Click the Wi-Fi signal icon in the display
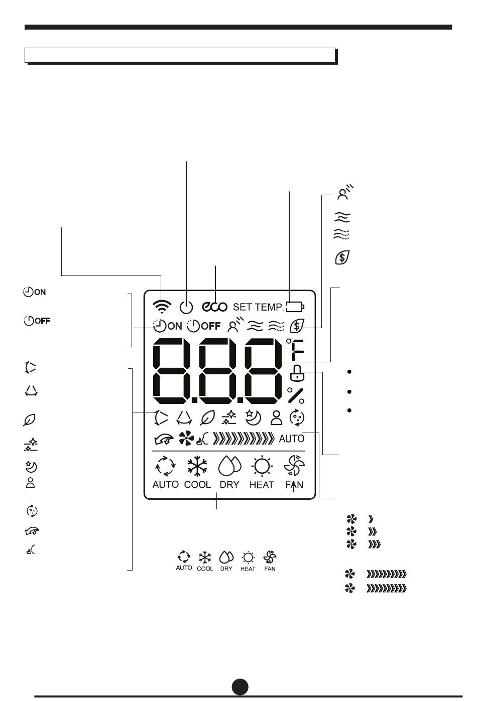click(x=162, y=307)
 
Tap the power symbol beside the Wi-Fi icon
click(x=186, y=307)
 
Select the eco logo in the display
click(x=214, y=307)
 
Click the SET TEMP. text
click(x=258, y=307)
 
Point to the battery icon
click(x=295, y=307)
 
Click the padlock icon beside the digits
click(x=297, y=373)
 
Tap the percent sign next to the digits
click(x=296, y=395)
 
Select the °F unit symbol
click(x=295, y=349)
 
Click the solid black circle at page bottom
click(x=240, y=686)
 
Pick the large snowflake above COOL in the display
click(x=197, y=466)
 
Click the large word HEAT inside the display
click(x=262, y=485)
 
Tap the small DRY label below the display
click(x=226, y=569)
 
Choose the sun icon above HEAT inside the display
click(x=262, y=466)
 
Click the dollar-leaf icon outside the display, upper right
click(x=342, y=257)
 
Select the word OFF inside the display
click(x=210, y=326)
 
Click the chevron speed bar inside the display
click(x=244, y=439)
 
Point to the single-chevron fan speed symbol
click(x=371, y=519)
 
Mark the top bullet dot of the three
click(x=349, y=372)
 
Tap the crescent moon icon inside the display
click(x=253, y=418)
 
